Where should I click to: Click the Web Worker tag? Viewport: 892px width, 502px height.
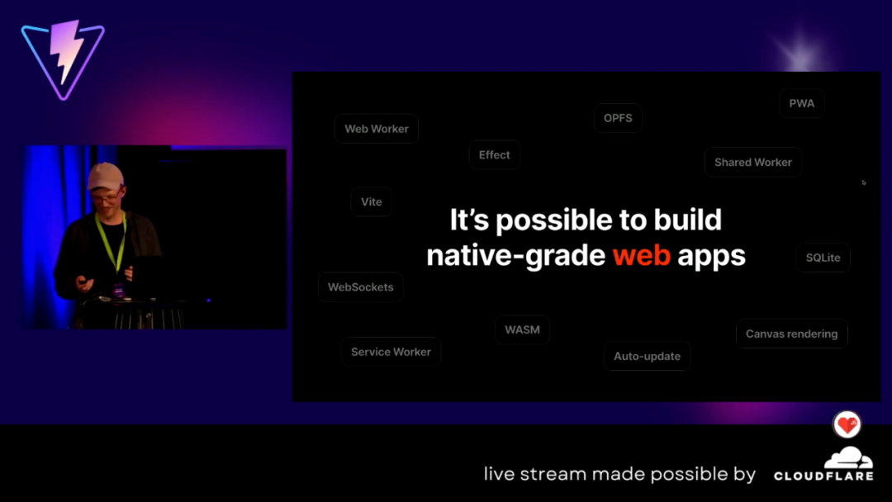[x=377, y=129]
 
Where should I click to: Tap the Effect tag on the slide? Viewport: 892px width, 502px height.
[x=495, y=154]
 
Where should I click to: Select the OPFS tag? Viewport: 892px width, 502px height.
[x=618, y=118]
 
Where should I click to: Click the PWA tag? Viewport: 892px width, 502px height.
[x=801, y=103]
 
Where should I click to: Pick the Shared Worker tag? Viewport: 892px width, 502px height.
[x=752, y=163]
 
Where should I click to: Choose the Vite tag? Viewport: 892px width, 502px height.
[x=371, y=201]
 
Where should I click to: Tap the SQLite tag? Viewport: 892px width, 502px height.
[x=823, y=258]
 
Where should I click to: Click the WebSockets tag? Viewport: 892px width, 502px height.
[x=361, y=287]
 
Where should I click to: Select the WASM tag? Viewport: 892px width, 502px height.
[x=522, y=329]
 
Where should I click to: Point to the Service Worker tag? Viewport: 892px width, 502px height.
[x=391, y=352]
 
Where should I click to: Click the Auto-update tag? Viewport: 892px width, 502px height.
[x=647, y=357]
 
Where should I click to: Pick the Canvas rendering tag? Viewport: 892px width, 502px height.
[x=791, y=334]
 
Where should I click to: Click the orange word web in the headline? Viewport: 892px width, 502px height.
[x=641, y=255]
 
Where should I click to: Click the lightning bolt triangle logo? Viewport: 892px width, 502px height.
[x=63, y=59]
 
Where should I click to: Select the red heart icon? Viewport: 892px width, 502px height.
[x=847, y=424]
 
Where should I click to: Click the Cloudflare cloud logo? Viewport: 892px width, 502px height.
[x=849, y=457]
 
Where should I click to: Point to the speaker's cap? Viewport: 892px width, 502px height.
[x=106, y=175]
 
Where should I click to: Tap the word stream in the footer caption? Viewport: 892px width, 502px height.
[x=553, y=474]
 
